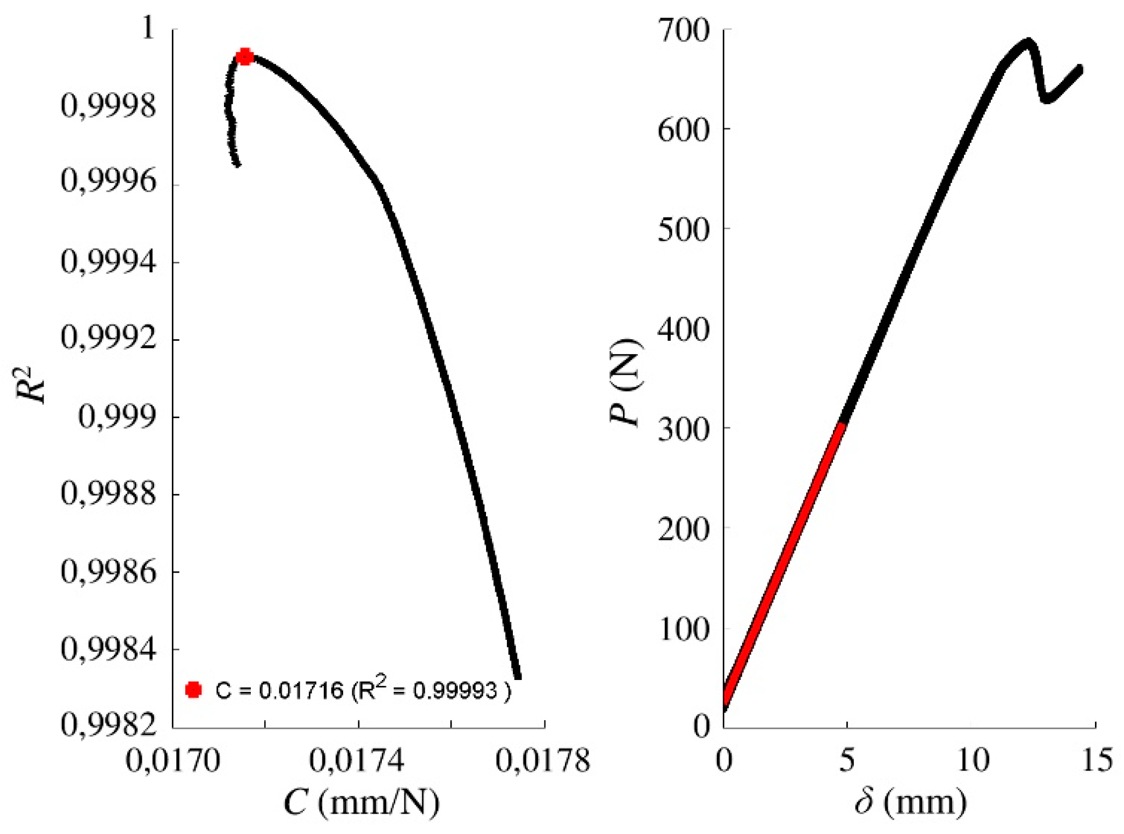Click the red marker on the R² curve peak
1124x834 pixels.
pyautogui.click(x=245, y=56)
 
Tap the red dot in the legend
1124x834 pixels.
pyautogui.click(x=193, y=690)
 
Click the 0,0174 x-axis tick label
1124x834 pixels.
pyautogui.click(x=357, y=761)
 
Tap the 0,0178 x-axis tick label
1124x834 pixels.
pyautogui.click(x=542, y=761)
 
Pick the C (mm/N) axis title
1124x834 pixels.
pyautogui.click(x=361, y=803)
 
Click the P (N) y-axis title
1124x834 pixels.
pyautogui.click(x=626, y=382)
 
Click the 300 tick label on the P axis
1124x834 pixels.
pyautogui.click(x=684, y=429)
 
